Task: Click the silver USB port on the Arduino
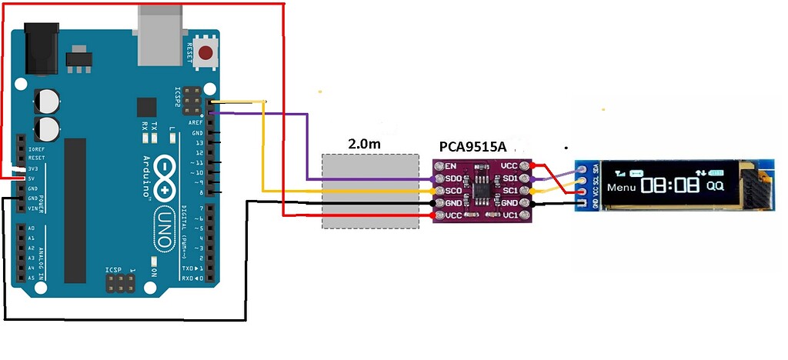[x=160, y=35]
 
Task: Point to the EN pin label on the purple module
[x=451, y=165]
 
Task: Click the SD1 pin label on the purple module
[x=509, y=178]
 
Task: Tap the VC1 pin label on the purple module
[x=509, y=216]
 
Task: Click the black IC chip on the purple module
[x=482, y=188]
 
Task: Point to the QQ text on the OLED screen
[x=715, y=186]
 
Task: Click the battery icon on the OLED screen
[x=716, y=172]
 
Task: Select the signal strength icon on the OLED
[x=620, y=172]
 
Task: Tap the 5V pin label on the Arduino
[x=32, y=178]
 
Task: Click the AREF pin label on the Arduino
[x=196, y=123]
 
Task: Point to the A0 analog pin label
[x=32, y=228]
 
